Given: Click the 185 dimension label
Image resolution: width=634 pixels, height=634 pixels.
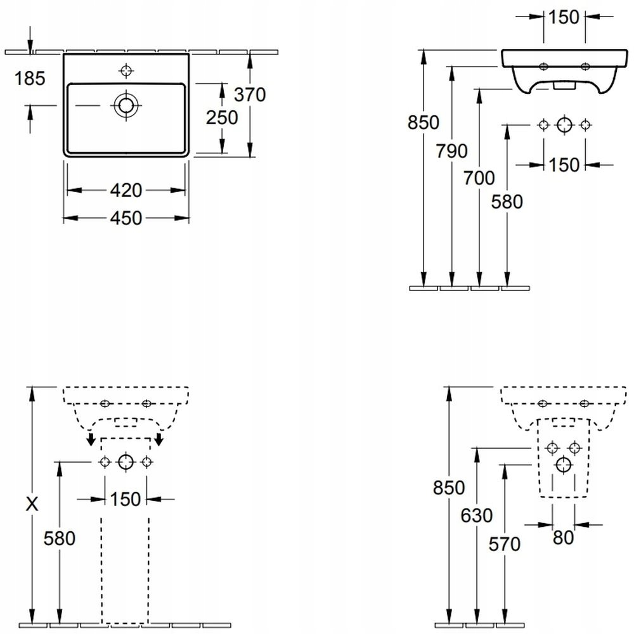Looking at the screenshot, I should click(x=30, y=79).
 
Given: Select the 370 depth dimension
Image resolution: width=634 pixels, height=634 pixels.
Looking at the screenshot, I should click(x=249, y=94).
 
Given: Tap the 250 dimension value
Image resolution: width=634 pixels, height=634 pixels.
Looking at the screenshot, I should click(x=222, y=117).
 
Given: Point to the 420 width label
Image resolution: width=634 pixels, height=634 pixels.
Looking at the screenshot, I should click(x=126, y=190).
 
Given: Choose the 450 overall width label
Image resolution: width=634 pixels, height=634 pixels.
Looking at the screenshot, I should click(x=126, y=217).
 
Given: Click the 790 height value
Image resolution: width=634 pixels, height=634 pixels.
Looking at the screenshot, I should click(x=451, y=151).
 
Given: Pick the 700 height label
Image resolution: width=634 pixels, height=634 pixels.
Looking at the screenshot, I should click(x=479, y=178).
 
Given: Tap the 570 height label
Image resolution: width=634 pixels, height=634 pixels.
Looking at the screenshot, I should click(x=505, y=543).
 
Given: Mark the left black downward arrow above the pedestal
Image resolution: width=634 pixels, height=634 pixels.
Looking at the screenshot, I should click(x=91, y=439).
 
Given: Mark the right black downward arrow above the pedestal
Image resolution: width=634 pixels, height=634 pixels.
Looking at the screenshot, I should click(x=160, y=439).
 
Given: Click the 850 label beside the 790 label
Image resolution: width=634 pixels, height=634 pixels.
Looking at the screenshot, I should click(x=424, y=122).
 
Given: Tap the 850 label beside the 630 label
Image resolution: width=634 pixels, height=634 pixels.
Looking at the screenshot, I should click(x=449, y=488).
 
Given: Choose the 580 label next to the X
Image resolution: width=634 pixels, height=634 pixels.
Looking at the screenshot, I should click(x=60, y=538).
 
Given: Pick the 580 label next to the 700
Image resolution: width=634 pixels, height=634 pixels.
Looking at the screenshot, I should click(x=507, y=202).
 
